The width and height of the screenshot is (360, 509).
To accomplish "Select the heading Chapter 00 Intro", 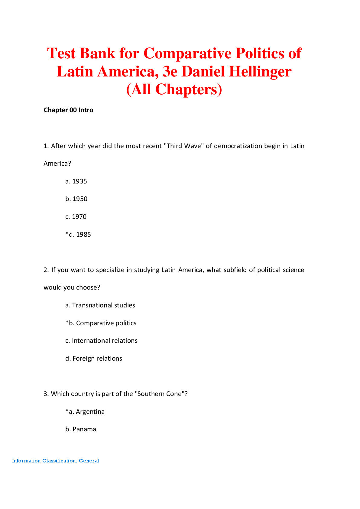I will tap(68, 110).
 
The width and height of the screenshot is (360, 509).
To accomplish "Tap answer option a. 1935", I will tap(76, 181).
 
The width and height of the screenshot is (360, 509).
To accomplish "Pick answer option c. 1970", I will tap(76, 217).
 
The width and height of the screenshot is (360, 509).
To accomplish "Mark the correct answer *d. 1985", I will tap(78, 235).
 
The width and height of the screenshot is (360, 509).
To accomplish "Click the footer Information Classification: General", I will tap(56, 461).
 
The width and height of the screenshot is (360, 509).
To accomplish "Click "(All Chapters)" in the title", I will tap(174, 89).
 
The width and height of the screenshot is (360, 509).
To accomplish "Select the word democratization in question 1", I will tap(238, 146).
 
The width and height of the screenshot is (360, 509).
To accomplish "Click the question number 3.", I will tap(46, 394).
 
